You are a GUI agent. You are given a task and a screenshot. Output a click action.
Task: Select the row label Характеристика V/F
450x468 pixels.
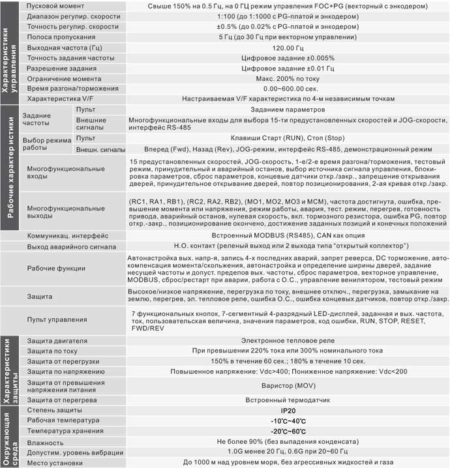pos(63,98)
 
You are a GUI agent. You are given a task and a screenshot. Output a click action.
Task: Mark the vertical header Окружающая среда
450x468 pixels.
pos(7,435)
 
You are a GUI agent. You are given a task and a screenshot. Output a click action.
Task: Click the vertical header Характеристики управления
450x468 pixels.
pos(7,52)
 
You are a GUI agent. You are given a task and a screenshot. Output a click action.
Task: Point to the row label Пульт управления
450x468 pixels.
pos(57,319)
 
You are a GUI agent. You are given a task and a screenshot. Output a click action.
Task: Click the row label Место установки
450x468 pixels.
pos(55,463)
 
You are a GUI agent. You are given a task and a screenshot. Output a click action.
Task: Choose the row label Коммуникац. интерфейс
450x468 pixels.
pos(68,235)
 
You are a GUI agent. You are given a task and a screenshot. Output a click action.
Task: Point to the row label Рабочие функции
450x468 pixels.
pos(56,269)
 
